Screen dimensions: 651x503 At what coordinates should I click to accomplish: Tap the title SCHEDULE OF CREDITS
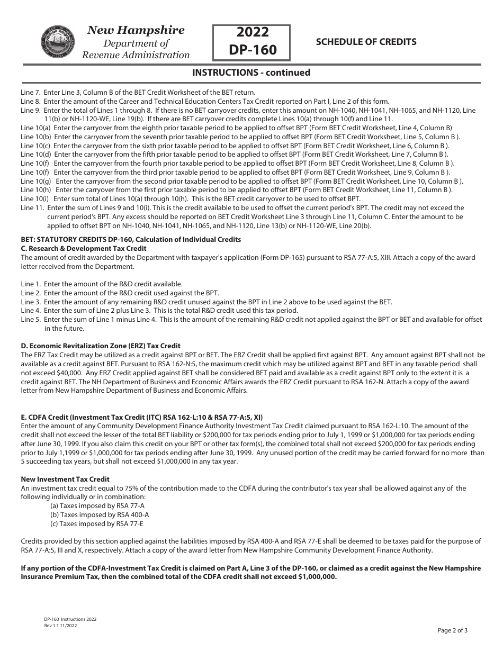point(366,42)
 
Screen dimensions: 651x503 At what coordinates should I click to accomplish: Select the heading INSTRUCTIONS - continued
point(251,73)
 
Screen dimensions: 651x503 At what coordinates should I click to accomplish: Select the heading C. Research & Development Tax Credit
point(84,249)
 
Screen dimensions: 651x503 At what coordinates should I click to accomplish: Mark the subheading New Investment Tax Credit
point(65,479)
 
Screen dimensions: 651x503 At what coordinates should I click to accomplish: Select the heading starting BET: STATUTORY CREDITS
point(131,240)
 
